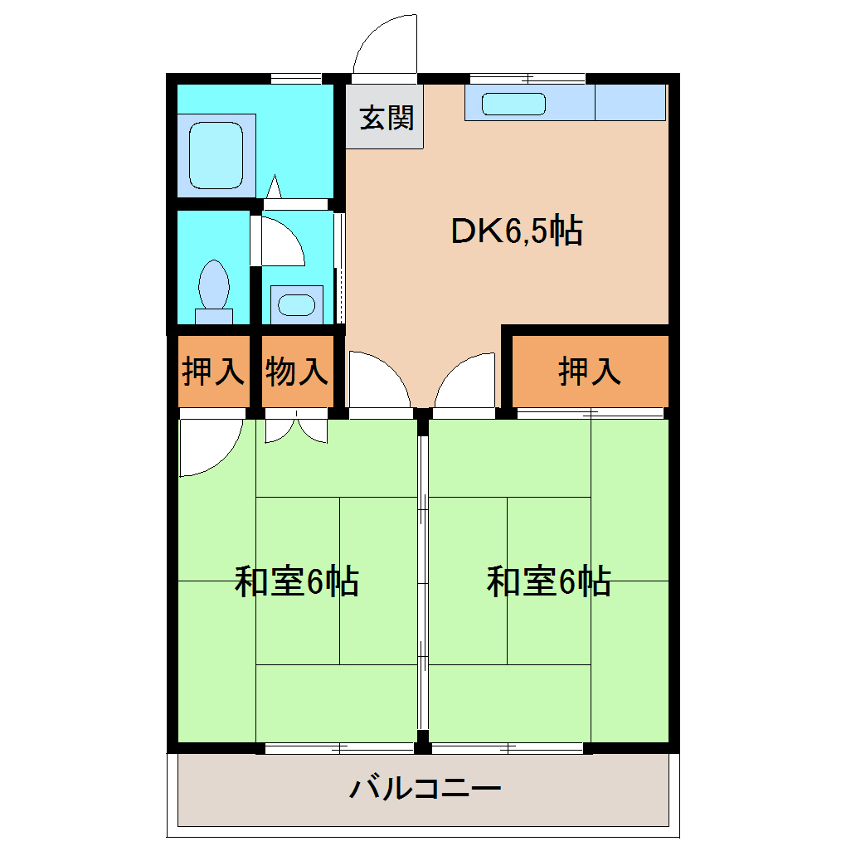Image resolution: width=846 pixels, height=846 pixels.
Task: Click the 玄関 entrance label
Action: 386,119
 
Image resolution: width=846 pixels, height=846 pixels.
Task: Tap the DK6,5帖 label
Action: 516,231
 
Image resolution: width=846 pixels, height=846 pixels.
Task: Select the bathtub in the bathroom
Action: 216,155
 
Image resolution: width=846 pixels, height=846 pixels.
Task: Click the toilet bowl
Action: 214,286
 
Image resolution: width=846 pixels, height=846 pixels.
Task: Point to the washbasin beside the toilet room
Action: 294,304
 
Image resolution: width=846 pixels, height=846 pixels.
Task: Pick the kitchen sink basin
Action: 514,104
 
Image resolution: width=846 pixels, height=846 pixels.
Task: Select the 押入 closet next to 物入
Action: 214,371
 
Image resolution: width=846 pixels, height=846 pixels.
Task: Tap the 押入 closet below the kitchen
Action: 590,371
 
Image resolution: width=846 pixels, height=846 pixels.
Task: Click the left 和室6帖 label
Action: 297,581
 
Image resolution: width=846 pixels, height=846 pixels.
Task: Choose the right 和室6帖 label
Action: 549,581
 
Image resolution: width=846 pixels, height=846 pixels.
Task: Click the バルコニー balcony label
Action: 425,787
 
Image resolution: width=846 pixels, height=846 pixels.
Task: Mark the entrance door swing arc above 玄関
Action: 383,46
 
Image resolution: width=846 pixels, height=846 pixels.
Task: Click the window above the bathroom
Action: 296,79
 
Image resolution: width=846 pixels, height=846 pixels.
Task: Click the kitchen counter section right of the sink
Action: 630,103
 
